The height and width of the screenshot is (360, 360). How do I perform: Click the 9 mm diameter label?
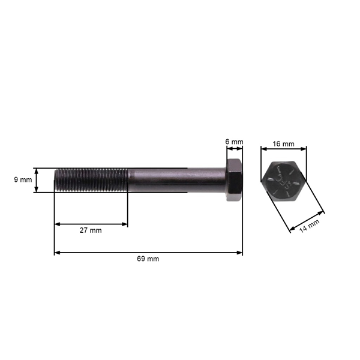[x=22, y=180]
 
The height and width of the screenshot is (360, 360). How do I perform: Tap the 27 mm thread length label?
[x=91, y=230]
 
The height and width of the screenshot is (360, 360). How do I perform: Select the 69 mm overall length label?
[x=148, y=259]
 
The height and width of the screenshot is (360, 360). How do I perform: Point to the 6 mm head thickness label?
[x=234, y=142]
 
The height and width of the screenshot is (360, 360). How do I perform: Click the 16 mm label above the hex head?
[x=283, y=144]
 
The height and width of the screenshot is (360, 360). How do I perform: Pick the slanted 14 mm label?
[x=310, y=226]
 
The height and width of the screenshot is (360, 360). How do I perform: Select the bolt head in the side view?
[x=235, y=181]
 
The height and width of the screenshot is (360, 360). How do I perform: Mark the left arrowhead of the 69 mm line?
[x=57, y=253]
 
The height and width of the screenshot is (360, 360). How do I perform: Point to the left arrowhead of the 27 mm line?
[x=57, y=224]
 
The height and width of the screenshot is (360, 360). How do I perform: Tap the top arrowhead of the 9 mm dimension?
[x=37, y=170]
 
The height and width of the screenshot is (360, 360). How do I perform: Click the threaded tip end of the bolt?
[x=56, y=180]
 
